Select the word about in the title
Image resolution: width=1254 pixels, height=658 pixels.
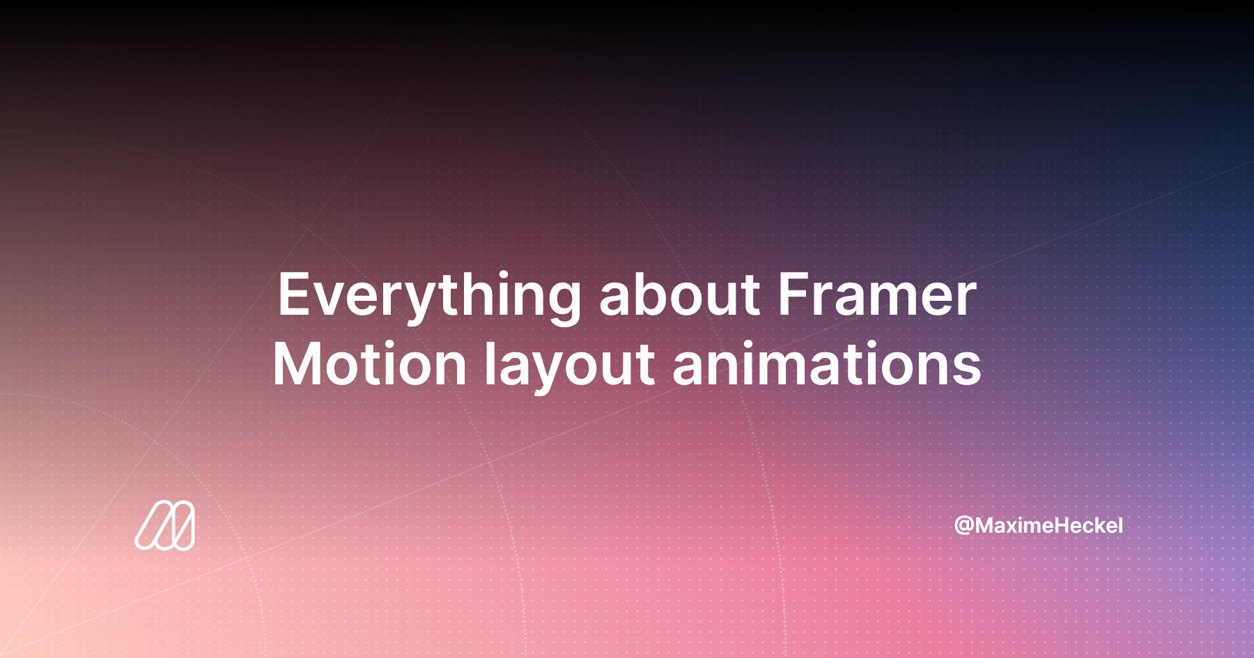point(679,294)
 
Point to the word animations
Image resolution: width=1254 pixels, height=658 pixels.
point(827,363)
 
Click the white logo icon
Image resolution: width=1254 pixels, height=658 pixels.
point(165,525)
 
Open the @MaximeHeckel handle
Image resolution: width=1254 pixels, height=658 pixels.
point(1038,525)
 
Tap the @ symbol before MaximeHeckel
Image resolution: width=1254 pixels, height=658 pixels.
point(964,526)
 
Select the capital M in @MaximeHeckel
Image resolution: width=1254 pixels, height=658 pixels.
point(986,525)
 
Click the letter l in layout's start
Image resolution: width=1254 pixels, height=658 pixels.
point(489,363)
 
